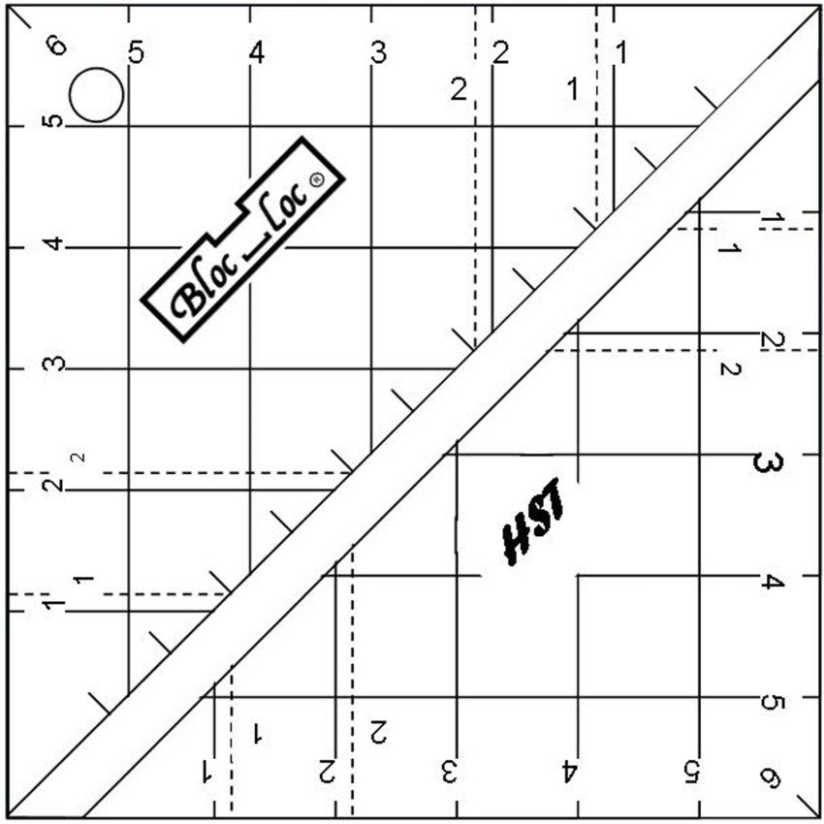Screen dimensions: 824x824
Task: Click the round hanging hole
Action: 96,95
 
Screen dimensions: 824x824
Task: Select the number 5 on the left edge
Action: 54,122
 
